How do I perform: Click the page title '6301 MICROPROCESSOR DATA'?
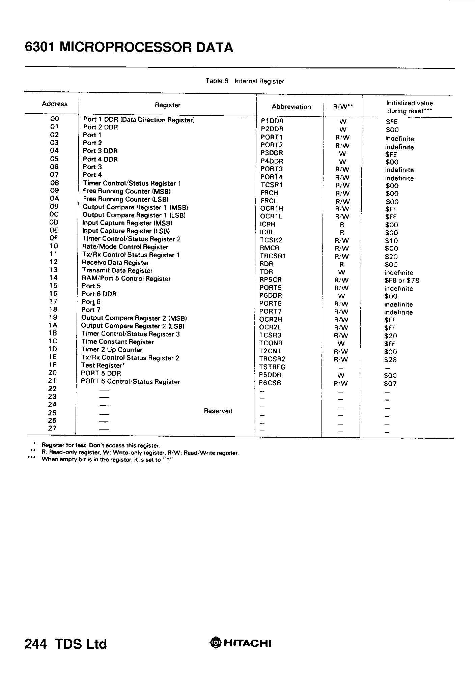[129, 48]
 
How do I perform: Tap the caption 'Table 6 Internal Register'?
[245, 81]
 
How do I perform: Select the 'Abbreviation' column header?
[291, 107]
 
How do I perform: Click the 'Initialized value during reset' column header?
[410, 107]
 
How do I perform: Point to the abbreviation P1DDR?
[272, 121]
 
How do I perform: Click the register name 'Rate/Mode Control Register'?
[125, 247]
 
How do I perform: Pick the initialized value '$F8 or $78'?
[402, 281]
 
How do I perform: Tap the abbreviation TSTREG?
[272, 367]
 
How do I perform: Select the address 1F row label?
[53, 365]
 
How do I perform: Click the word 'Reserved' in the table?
[218, 411]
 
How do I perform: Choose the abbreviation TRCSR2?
[272, 359]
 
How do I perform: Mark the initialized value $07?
[390, 384]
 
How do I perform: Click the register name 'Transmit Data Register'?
[117, 271]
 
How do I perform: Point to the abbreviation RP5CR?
[271, 280]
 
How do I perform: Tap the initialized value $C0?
[391, 248]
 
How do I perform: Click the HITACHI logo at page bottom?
[241, 643]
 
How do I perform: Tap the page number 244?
[35, 644]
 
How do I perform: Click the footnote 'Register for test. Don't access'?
[100, 445]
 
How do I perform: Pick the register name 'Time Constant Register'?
[117, 342]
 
